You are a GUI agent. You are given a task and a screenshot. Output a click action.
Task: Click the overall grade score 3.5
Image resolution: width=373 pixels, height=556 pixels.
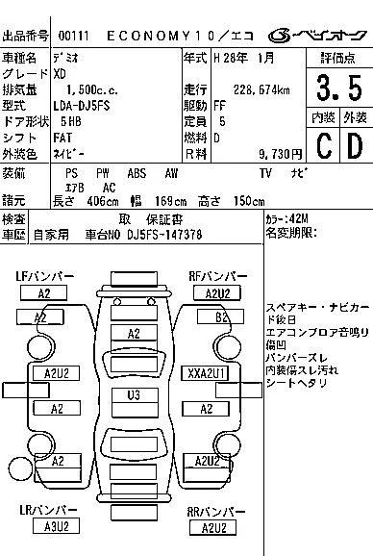(339, 88)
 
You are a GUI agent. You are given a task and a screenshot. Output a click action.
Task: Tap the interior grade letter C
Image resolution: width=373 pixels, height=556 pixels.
(324, 145)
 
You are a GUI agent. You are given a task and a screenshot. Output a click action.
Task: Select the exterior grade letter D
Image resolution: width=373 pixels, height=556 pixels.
(356, 145)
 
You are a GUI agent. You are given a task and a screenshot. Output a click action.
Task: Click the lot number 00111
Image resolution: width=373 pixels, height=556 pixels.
(73, 36)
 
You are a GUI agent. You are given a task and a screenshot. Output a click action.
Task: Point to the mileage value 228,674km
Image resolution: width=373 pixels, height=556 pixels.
(261, 89)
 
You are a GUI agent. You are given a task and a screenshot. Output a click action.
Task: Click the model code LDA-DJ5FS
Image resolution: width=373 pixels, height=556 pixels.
(82, 106)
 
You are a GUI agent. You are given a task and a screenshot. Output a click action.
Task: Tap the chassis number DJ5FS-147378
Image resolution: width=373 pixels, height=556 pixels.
(164, 235)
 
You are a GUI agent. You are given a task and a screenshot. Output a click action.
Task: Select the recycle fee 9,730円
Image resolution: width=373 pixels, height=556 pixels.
(280, 154)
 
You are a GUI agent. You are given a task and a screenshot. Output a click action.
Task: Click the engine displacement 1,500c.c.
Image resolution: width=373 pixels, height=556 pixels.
(92, 89)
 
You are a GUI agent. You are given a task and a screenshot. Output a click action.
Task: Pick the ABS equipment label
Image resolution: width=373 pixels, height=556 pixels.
(137, 173)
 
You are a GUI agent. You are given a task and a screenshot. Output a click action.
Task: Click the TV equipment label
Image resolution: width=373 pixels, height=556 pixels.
(265, 173)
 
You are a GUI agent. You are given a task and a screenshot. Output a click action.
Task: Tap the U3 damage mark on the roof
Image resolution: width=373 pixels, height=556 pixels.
(134, 394)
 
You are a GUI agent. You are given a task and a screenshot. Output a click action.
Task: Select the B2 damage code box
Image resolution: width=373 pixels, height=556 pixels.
(221, 316)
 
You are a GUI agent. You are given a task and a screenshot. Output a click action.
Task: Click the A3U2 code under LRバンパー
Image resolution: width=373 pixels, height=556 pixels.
(56, 526)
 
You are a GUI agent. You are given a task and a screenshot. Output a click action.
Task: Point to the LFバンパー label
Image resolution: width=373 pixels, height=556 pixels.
(45, 277)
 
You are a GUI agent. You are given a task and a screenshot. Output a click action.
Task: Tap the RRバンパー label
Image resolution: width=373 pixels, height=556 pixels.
(215, 512)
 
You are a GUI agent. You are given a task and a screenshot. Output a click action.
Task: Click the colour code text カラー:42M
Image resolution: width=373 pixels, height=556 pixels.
(286, 218)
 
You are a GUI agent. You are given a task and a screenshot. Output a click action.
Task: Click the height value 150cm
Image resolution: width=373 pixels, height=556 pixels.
(249, 201)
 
